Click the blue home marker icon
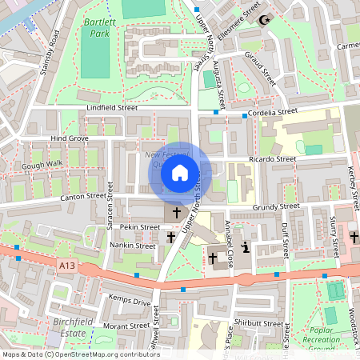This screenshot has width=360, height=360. (180, 173)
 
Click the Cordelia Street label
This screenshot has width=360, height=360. (274, 112)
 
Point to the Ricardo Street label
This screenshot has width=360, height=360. (272, 159)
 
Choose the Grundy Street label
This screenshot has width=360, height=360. (275, 206)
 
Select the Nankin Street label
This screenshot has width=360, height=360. (132, 246)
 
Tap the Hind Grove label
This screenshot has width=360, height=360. (69, 138)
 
